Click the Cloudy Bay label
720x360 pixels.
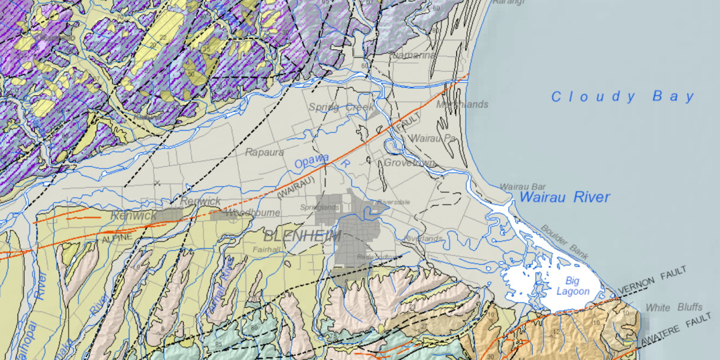click(623, 97)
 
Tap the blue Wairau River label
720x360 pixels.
click(565, 197)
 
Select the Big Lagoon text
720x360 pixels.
click(572, 286)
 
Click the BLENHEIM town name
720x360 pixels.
click(302, 236)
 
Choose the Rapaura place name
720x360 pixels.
click(265, 152)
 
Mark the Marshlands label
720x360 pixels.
click(462, 104)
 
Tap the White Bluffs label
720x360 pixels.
click(674, 307)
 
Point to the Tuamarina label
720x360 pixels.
click(413, 55)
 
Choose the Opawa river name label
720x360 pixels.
click(312, 161)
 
